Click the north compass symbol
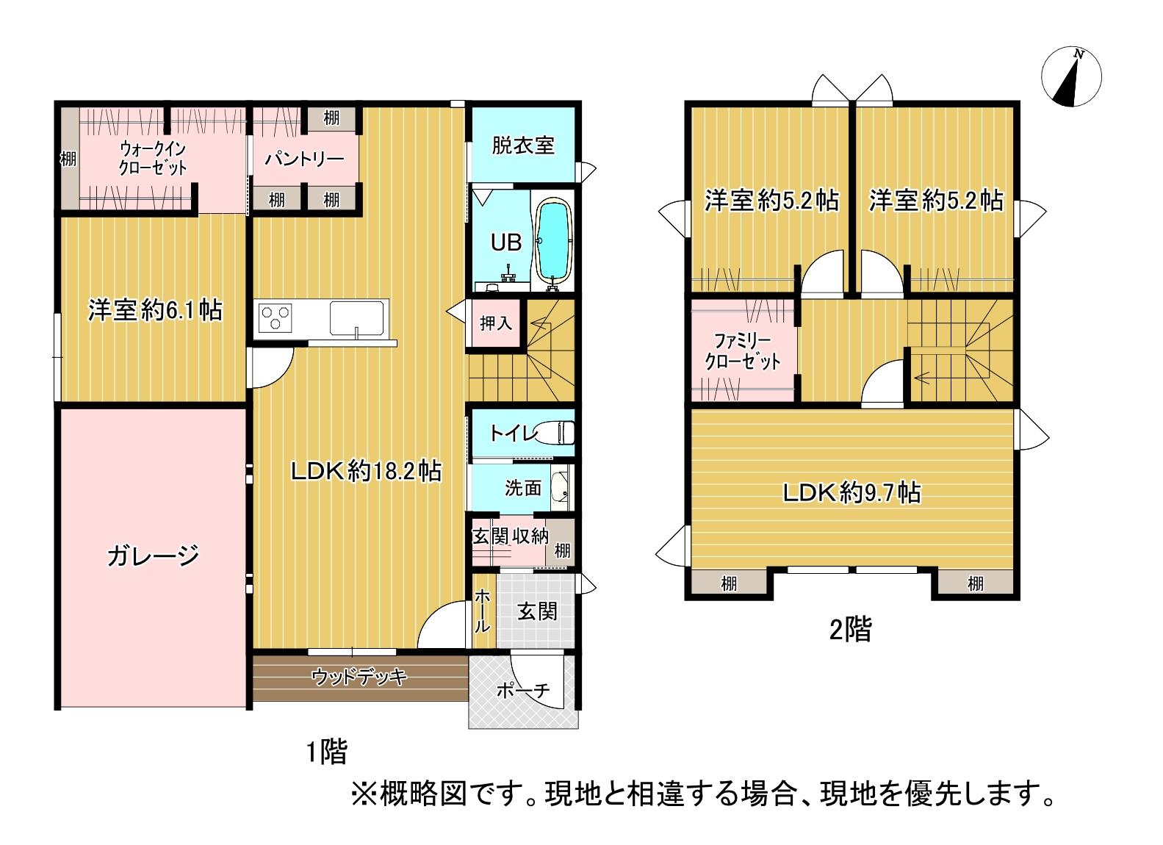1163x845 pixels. click(x=1072, y=77)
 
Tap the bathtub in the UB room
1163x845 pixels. click(x=554, y=240)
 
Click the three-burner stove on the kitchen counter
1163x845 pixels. click(x=276, y=319)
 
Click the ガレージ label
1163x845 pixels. click(x=153, y=555)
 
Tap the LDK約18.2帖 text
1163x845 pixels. click(x=366, y=471)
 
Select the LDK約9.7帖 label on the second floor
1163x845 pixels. click(x=851, y=492)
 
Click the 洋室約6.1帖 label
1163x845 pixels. click(x=154, y=310)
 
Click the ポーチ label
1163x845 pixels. click(x=522, y=691)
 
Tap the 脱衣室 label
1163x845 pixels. click(x=522, y=145)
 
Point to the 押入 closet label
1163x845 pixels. click(x=495, y=323)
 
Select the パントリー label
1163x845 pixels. click(x=304, y=159)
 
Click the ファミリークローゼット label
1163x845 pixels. click(x=742, y=351)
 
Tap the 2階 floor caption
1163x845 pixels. click(x=850, y=630)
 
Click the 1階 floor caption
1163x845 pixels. click(x=325, y=752)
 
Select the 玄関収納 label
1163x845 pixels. click(x=509, y=536)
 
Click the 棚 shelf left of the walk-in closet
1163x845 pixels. click(x=68, y=158)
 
